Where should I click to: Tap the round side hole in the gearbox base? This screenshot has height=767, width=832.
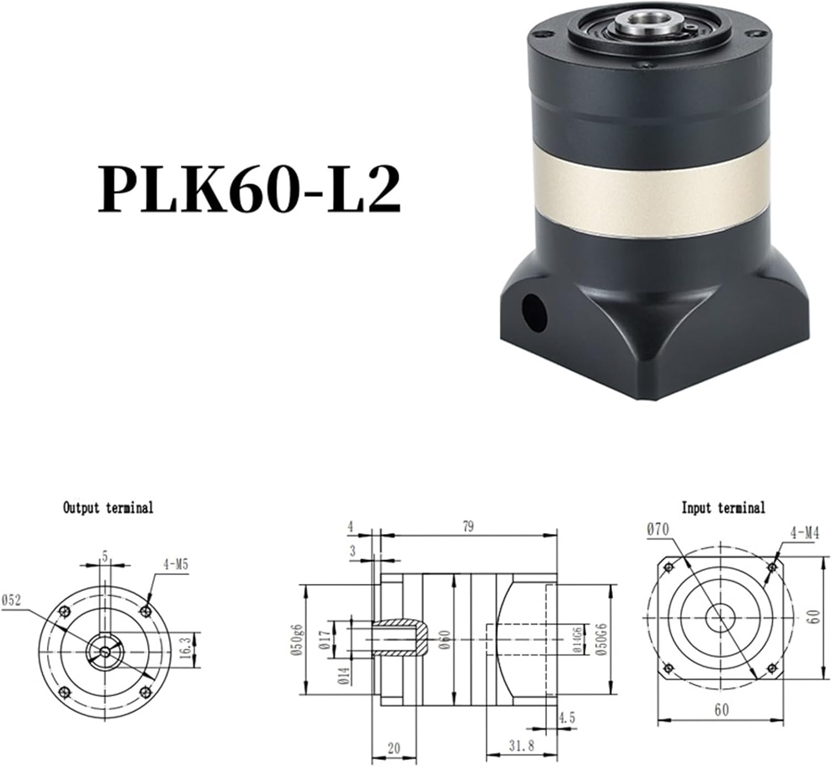click(x=534, y=313)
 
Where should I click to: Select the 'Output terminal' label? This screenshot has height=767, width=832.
click(x=108, y=507)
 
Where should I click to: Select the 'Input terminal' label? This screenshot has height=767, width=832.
click(x=723, y=507)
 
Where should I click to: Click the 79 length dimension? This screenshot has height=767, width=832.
click(x=469, y=526)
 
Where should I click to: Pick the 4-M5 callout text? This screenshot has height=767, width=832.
click(x=176, y=565)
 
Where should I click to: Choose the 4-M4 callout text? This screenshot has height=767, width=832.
click(x=804, y=534)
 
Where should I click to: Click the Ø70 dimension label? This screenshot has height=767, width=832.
click(x=657, y=530)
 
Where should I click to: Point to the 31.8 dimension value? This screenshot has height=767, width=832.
click(x=521, y=746)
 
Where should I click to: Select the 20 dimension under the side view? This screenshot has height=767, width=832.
click(x=393, y=748)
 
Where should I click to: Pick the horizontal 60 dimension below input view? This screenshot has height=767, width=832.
click(x=721, y=710)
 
